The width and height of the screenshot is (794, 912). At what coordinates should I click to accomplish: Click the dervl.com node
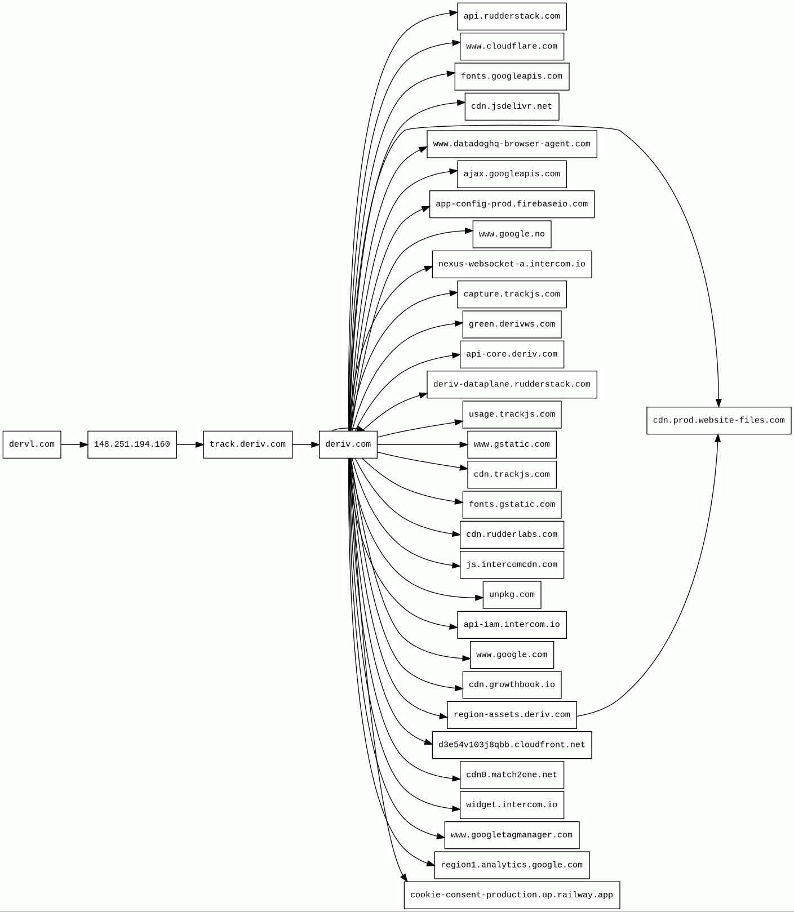click(x=32, y=444)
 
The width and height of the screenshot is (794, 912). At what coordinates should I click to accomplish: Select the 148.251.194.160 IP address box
click(x=132, y=444)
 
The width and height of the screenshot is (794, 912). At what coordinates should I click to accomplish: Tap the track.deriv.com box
click(x=247, y=444)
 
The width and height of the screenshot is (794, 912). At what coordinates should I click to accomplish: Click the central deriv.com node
click(x=348, y=444)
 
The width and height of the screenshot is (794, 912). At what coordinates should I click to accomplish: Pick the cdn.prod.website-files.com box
click(x=718, y=420)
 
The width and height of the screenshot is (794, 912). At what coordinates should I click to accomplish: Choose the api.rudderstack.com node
click(x=512, y=16)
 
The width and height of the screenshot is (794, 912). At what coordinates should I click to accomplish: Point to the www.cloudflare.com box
click(x=512, y=46)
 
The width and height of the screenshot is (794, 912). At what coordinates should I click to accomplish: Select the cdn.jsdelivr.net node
click(x=512, y=106)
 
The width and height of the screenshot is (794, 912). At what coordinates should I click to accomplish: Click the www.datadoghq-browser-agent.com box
click(x=512, y=144)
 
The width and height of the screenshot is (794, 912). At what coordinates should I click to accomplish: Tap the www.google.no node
click(x=512, y=234)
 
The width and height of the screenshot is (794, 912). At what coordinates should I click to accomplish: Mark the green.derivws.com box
click(x=512, y=324)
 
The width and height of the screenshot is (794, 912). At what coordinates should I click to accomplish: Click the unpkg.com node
click(x=512, y=595)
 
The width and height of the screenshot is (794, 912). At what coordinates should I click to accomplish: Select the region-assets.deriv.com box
click(x=512, y=715)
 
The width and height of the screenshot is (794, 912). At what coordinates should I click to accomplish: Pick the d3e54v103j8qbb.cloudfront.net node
click(x=512, y=745)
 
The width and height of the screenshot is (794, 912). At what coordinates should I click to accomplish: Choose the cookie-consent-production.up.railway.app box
click(x=512, y=895)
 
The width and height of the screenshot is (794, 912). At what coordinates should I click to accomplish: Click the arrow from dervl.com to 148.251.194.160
click(x=74, y=444)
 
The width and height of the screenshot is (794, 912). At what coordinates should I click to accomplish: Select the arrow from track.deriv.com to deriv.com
click(x=305, y=444)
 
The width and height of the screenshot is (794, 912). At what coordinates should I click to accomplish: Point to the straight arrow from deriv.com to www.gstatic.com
click(x=423, y=444)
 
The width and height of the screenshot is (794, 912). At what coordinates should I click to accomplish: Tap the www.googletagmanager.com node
click(x=512, y=835)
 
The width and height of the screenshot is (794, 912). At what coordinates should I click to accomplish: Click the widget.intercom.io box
click(x=512, y=805)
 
